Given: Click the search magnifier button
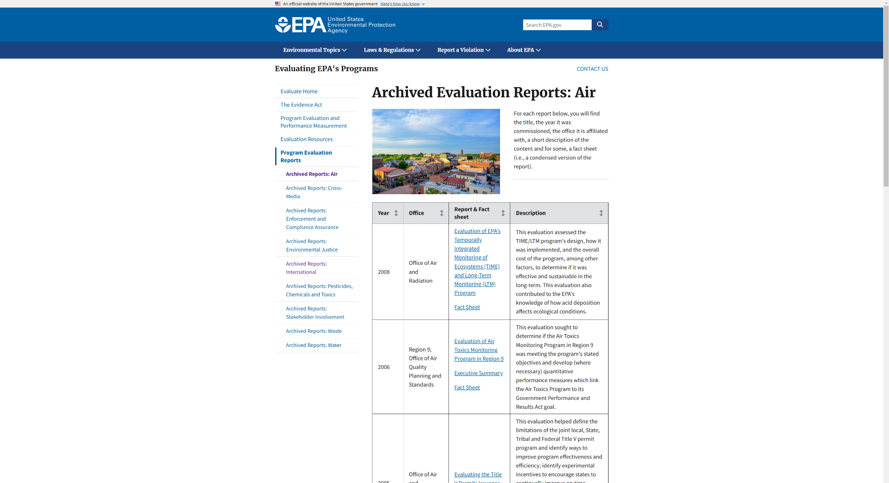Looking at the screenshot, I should (x=600, y=25).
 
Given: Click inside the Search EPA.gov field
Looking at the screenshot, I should (x=557, y=25).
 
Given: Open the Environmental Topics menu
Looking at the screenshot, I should (x=315, y=50).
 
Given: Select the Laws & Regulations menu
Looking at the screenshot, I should (x=392, y=50).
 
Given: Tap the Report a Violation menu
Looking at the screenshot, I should (x=464, y=50).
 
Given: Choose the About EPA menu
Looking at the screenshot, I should (x=524, y=50).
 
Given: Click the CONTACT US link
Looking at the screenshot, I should (x=592, y=69).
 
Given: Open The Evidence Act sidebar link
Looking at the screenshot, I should (x=301, y=105).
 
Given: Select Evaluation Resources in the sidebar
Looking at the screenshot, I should (x=306, y=140).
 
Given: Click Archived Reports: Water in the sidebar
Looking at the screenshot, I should (x=313, y=345).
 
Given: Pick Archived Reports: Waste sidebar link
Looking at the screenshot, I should (x=313, y=331).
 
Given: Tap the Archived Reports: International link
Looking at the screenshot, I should (x=306, y=268).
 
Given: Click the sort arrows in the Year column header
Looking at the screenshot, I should (x=396, y=213).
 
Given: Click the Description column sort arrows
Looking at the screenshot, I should (x=601, y=213).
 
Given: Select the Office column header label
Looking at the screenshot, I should (x=416, y=213).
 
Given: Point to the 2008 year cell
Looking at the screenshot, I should (x=384, y=272).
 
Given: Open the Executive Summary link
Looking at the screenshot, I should (x=478, y=373).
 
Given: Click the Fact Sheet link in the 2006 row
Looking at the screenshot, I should (x=467, y=387).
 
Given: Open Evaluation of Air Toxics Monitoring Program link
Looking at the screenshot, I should (x=478, y=350).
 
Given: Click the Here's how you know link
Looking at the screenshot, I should (x=400, y=4).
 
